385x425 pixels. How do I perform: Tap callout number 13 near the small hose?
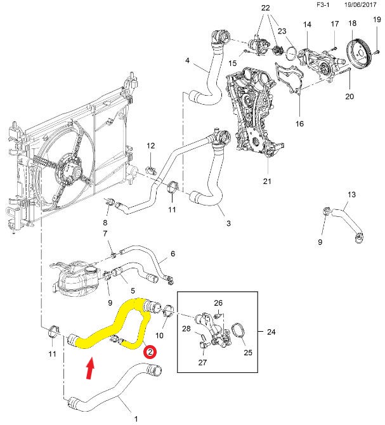352,194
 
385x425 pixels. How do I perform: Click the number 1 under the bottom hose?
134,419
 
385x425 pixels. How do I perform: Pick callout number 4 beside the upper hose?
187,61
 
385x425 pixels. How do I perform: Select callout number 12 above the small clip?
150,146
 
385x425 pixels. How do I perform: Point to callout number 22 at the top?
264,8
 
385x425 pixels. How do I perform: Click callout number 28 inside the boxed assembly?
186,329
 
